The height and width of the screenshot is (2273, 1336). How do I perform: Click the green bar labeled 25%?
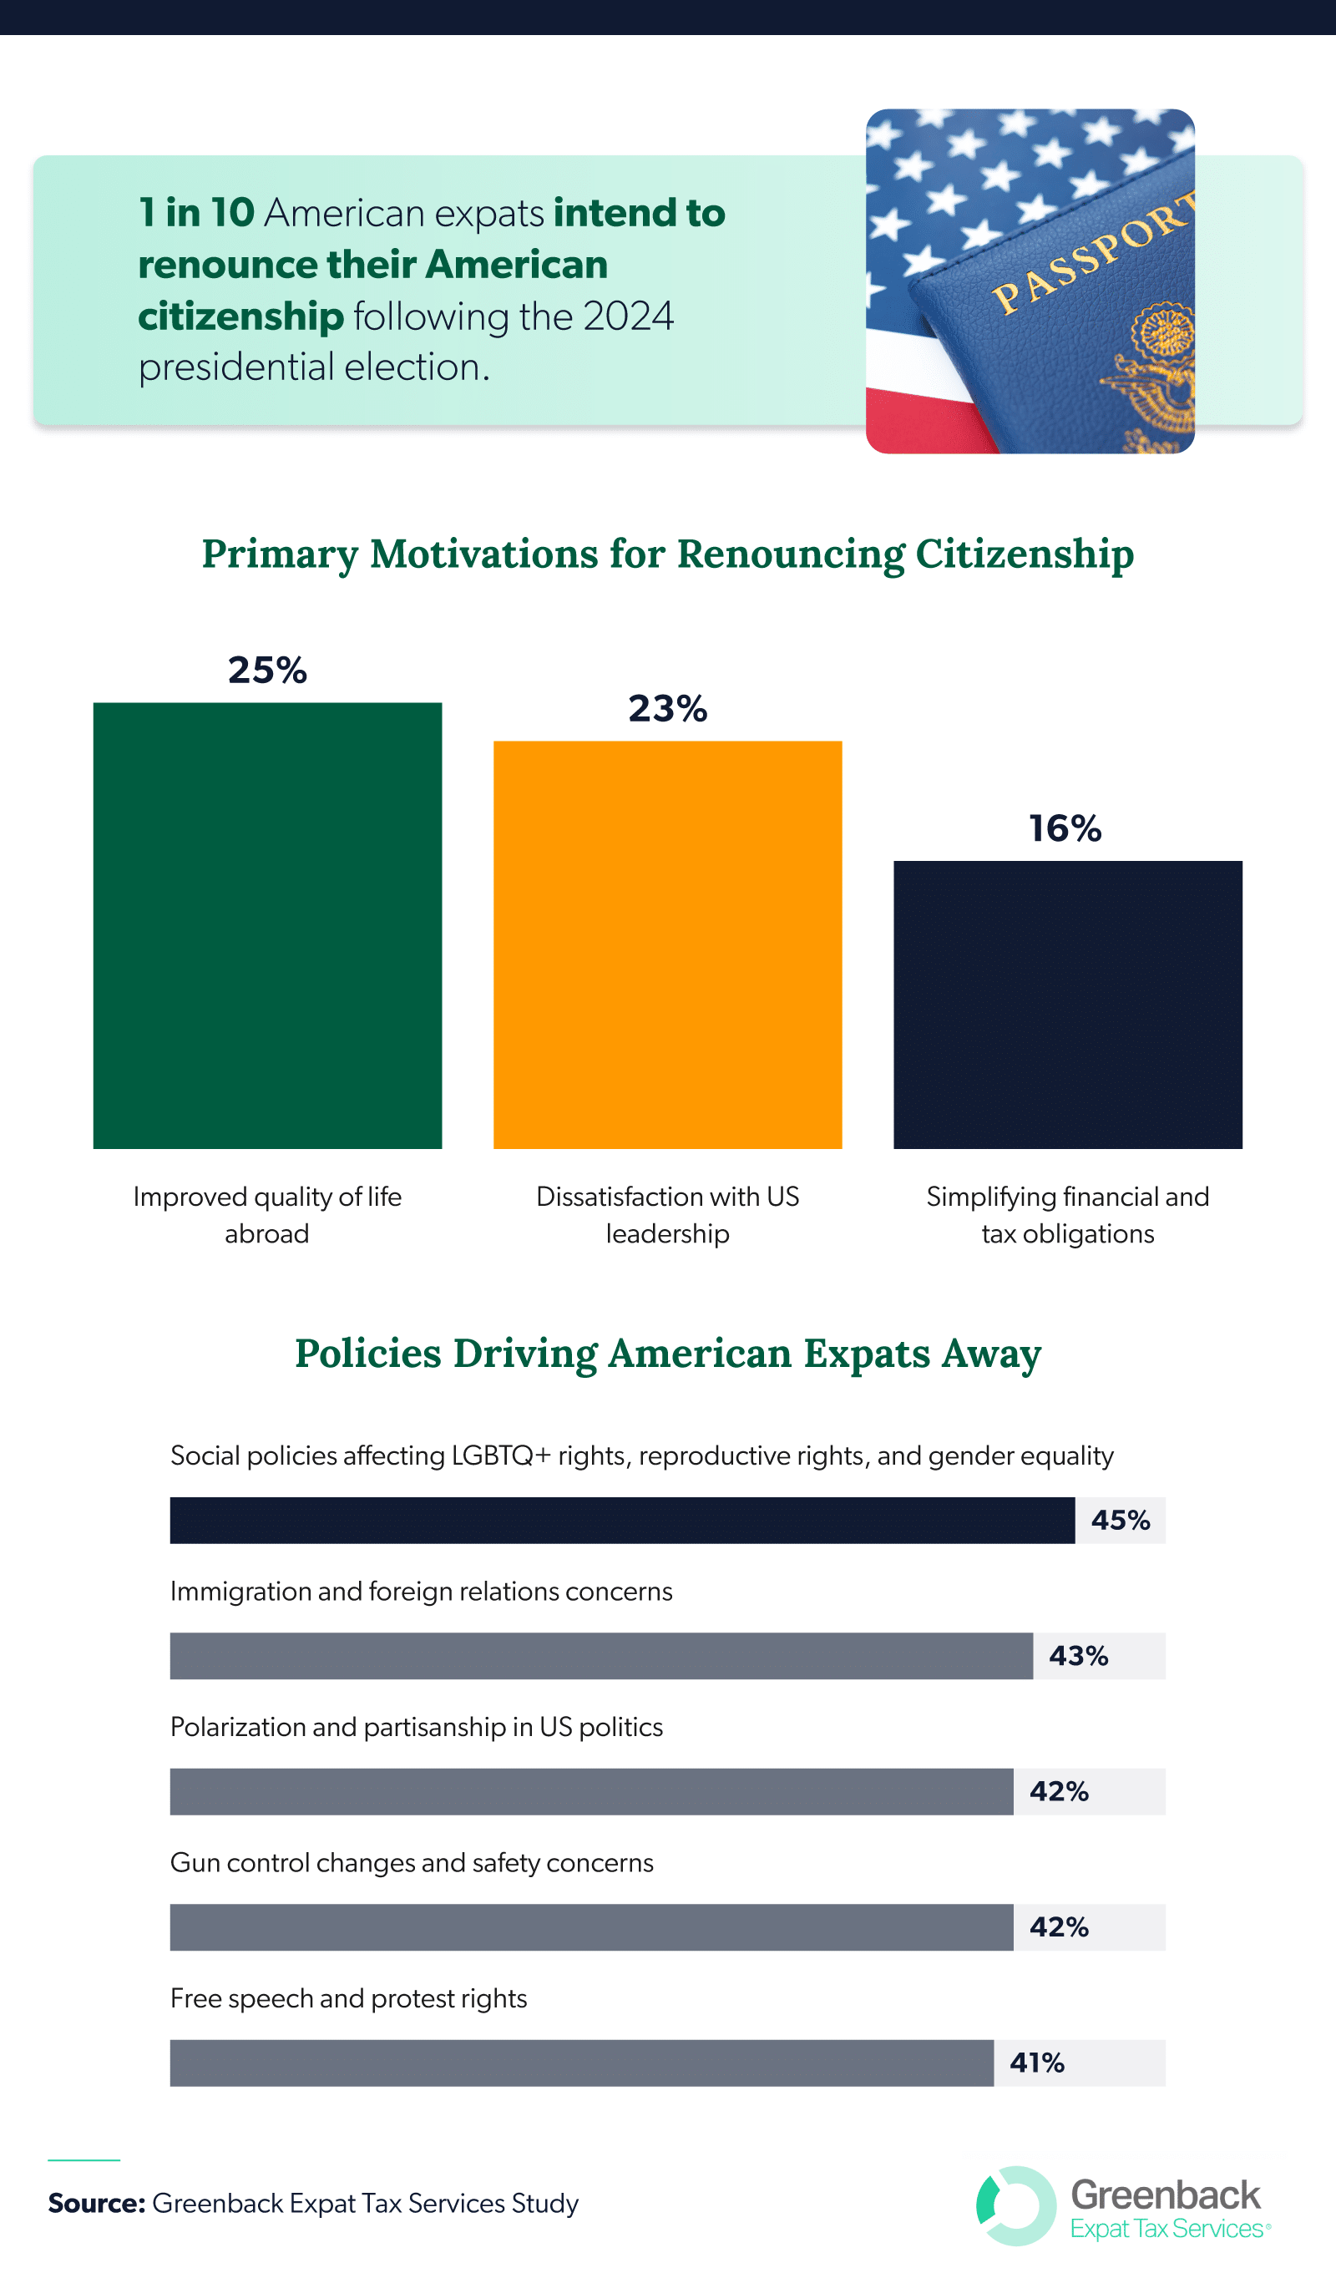click(x=267, y=924)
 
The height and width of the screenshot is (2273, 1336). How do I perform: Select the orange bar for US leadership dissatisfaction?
click(x=667, y=944)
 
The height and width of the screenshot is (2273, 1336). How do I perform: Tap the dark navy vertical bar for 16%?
click(x=1067, y=1004)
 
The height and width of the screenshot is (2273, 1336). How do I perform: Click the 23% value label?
click(x=667, y=708)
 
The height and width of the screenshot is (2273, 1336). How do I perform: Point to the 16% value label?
click(x=1065, y=828)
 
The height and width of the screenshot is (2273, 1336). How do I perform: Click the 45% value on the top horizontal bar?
click(x=1121, y=1520)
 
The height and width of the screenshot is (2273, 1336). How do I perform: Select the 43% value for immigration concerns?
click(x=1078, y=1655)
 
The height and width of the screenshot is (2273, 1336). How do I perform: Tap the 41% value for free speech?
click(x=1036, y=2062)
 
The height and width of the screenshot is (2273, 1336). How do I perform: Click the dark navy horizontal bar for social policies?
click(x=622, y=1520)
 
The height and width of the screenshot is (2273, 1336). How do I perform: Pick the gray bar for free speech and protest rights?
click(x=582, y=2062)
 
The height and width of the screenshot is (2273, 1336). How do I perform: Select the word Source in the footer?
click(x=96, y=2203)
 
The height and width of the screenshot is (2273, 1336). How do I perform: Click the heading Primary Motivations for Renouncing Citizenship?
click(x=667, y=553)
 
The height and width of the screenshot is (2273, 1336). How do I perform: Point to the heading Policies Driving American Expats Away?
click(x=667, y=1353)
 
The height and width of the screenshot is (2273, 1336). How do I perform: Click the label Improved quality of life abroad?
click(x=267, y=1214)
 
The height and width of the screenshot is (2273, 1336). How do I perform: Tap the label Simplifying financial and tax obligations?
click(x=1067, y=1214)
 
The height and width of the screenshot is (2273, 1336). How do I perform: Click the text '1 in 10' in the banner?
click(x=195, y=213)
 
